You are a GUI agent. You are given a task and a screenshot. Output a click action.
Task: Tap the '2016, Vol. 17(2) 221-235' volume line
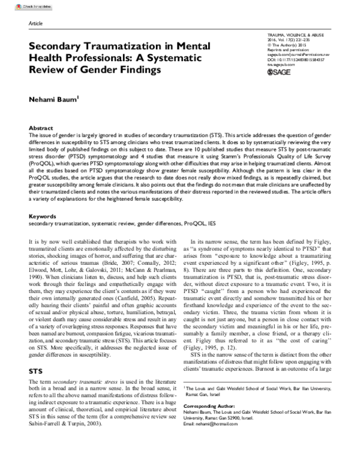292,43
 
